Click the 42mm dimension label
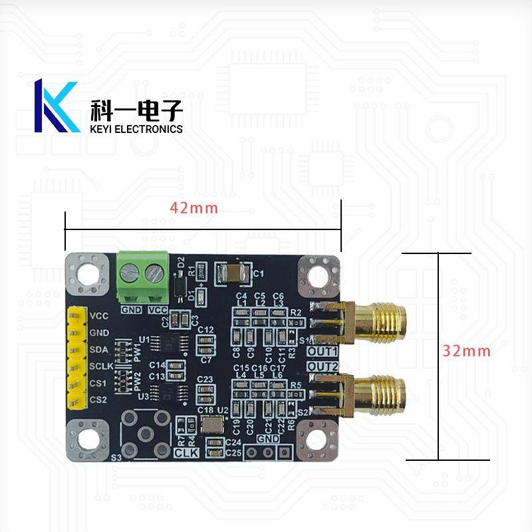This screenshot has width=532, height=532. [x=194, y=207]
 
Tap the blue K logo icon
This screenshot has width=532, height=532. [x=56, y=106]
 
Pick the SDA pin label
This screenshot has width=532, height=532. [x=98, y=349]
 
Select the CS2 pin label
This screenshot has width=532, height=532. [x=98, y=400]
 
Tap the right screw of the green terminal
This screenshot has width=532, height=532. [x=155, y=272]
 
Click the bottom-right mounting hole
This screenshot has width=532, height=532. [x=319, y=440]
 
